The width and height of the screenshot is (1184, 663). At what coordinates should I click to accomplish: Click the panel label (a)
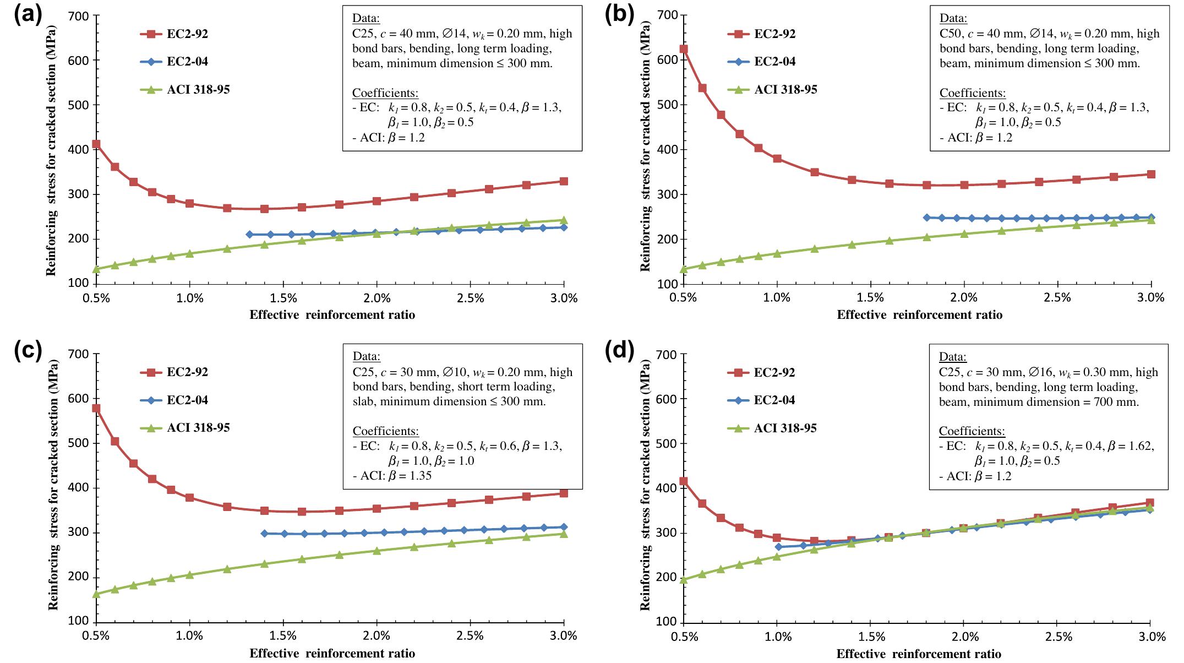(x=28, y=15)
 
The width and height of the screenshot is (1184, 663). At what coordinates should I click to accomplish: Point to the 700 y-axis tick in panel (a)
(x=79, y=16)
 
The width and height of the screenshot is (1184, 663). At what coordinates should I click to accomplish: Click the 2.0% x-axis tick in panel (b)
(x=963, y=298)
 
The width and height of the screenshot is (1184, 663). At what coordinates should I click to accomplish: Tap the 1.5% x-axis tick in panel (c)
(x=282, y=636)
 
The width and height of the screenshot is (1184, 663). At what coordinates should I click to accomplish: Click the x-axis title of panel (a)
(x=332, y=315)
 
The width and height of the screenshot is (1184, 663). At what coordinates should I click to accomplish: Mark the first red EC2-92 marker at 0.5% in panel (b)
(x=684, y=49)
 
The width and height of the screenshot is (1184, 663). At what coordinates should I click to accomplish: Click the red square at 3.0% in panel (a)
(x=564, y=181)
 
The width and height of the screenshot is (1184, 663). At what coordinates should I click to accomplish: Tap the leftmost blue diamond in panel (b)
(x=926, y=218)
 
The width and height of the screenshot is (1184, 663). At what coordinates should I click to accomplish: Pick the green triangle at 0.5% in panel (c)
(x=96, y=594)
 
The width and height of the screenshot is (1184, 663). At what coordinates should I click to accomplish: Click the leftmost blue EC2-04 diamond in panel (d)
(x=778, y=546)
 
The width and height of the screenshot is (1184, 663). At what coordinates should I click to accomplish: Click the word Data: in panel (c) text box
(x=366, y=356)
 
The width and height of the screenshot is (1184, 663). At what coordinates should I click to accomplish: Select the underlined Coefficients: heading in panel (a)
(x=385, y=93)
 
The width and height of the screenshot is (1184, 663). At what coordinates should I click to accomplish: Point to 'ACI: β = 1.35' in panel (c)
(x=392, y=475)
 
